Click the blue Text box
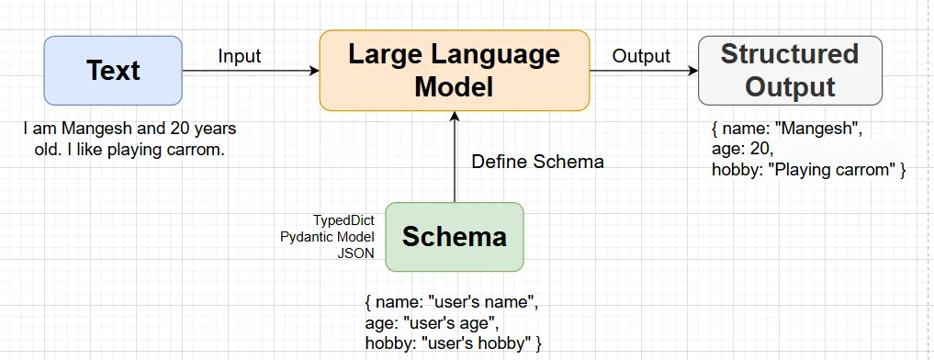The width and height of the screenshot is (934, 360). (x=113, y=70)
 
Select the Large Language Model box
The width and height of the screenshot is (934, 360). (x=454, y=70)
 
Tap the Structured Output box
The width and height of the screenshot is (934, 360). (x=790, y=70)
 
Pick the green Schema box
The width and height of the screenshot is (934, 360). (x=454, y=236)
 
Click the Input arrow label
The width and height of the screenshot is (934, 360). (x=240, y=56)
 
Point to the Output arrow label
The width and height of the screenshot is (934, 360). (x=641, y=56)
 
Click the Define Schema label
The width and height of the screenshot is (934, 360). (x=537, y=162)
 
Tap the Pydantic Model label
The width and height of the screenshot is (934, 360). (x=327, y=237)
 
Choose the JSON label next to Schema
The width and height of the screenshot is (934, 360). (x=357, y=253)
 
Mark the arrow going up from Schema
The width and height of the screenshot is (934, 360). (x=454, y=156)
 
